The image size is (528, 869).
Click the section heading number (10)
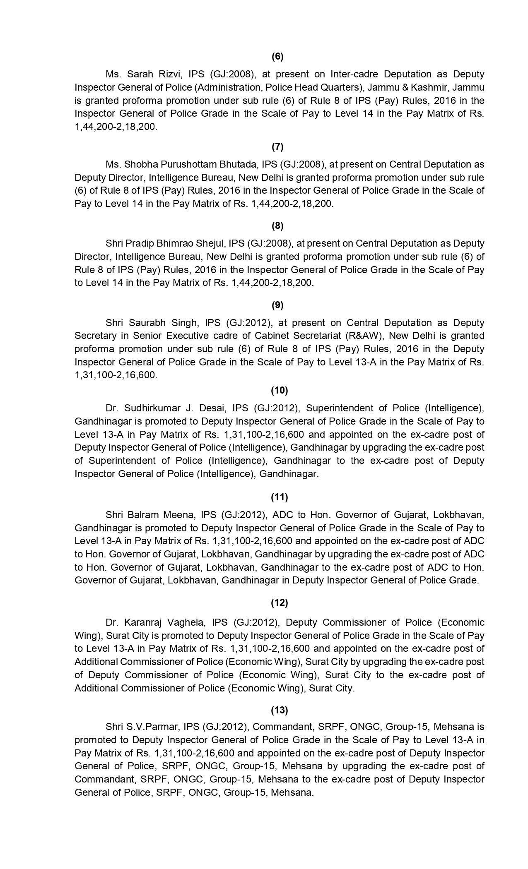click(279, 390)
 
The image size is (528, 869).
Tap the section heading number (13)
click(279, 710)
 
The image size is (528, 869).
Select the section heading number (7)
click(277, 146)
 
